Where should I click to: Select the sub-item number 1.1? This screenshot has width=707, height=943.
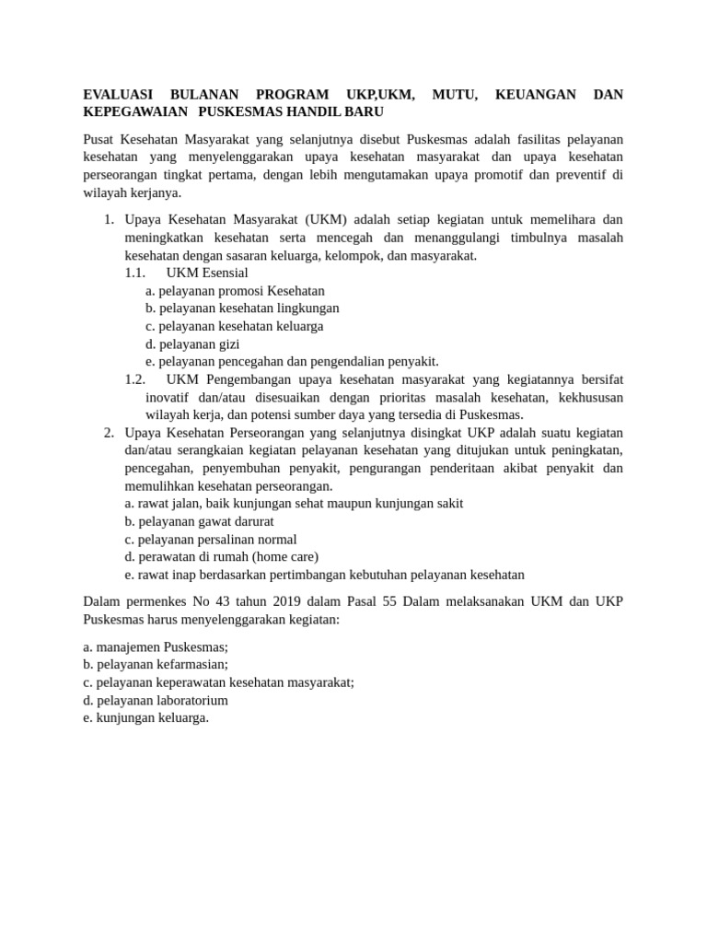(x=135, y=274)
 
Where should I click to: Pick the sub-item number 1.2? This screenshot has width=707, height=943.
(x=135, y=379)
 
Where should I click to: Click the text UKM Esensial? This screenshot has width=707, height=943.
(x=207, y=274)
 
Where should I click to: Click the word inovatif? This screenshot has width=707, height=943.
(x=171, y=398)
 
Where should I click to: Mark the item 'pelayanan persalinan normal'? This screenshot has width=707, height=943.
(x=211, y=540)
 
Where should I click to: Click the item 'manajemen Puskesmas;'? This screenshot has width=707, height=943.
(x=156, y=647)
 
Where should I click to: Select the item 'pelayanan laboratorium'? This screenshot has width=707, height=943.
(x=156, y=701)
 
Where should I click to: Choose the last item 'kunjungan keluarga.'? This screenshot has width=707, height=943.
(x=145, y=718)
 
